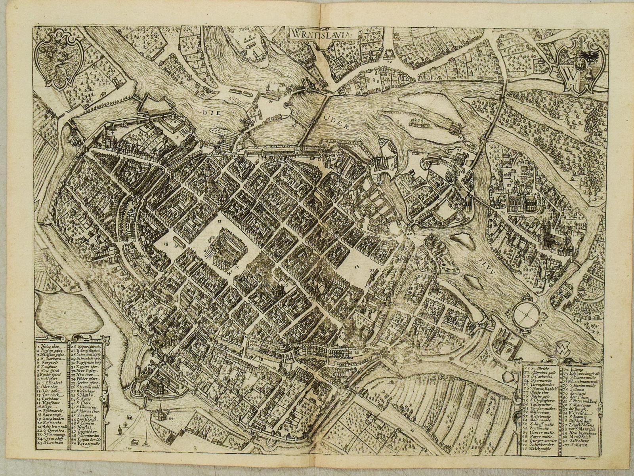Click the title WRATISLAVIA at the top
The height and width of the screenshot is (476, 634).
pos(319,34)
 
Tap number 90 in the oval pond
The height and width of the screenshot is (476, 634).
pos(62,312)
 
